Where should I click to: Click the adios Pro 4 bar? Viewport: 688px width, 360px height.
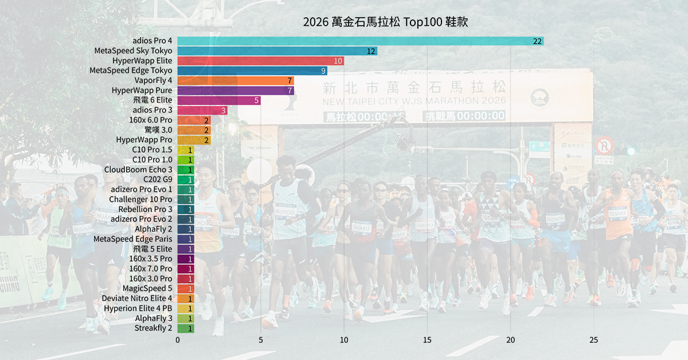pyautogui.click(x=360, y=41)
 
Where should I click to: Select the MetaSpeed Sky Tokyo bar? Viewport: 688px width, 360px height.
pyautogui.click(x=277, y=51)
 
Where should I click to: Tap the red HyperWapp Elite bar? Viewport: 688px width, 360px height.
pyautogui.click(x=260, y=61)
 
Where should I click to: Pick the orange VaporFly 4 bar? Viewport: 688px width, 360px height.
pyautogui.click(x=236, y=80)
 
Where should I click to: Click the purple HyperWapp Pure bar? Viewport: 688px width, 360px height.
pyautogui.click(x=236, y=91)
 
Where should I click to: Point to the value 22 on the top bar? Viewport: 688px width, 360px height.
pyautogui.click(x=537, y=41)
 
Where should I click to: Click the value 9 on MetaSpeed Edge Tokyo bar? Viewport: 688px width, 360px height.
pyautogui.click(x=323, y=71)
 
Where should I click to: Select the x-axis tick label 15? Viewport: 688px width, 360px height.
pyautogui.click(x=427, y=340)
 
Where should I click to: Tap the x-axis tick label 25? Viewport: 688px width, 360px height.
pyautogui.click(x=593, y=340)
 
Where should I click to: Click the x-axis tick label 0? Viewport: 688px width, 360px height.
pyautogui.click(x=178, y=340)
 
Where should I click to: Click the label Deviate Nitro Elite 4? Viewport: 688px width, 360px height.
pyautogui.click(x=136, y=299)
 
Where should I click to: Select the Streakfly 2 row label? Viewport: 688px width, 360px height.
pyautogui.click(x=153, y=328)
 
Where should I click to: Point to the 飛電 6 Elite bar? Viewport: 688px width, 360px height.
pyautogui.click(x=219, y=100)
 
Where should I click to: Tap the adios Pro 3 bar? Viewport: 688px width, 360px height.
pyautogui.click(x=202, y=110)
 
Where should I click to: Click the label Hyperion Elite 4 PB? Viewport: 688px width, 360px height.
pyautogui.click(x=138, y=308)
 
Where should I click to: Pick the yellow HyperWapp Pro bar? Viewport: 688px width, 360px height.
pyautogui.click(x=194, y=140)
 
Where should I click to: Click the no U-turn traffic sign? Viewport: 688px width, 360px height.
pyautogui.click(x=604, y=145)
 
